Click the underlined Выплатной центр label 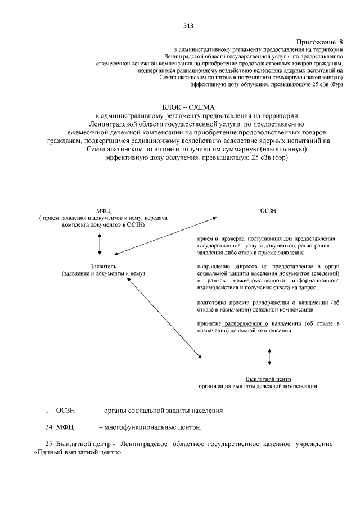268,379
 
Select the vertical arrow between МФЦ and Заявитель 100,243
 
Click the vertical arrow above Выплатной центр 269,357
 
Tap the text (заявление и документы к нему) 103,273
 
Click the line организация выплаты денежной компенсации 258,386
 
